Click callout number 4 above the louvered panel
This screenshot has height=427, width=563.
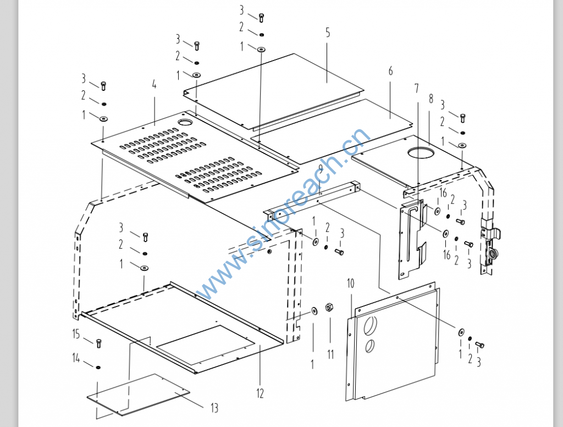[x=154, y=84]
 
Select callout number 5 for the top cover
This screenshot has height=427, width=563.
[x=328, y=32]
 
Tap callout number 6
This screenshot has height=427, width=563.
[x=390, y=71]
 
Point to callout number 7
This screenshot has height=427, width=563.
[x=416, y=88]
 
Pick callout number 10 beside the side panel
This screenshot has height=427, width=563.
[x=351, y=283]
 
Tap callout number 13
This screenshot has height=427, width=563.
[x=214, y=408]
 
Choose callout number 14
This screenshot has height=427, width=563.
[x=76, y=359]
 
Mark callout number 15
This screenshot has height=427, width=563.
[x=76, y=333]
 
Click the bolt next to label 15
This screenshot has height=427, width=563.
[x=99, y=344]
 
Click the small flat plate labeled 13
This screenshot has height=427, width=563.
[x=139, y=394]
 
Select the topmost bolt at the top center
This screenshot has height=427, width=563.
[x=261, y=18]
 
